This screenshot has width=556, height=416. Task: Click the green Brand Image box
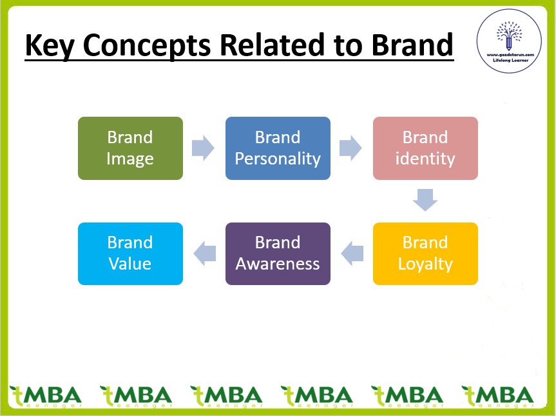click(130, 148)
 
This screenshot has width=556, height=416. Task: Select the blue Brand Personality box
click(278, 148)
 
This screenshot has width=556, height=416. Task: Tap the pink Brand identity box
click(425, 148)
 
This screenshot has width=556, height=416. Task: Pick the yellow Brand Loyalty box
click(425, 253)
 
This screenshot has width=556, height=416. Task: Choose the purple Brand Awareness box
click(278, 253)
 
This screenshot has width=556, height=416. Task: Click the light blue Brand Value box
click(130, 253)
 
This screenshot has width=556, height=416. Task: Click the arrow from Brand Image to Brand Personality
click(204, 148)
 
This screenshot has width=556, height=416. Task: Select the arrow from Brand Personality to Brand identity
click(351, 148)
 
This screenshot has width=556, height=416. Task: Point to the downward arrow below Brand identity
click(425, 200)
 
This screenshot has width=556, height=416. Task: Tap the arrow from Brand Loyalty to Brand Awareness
click(351, 253)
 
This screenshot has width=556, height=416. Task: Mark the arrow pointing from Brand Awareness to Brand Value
click(204, 253)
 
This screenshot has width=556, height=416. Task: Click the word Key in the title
click(50, 45)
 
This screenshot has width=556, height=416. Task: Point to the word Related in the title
click(277, 45)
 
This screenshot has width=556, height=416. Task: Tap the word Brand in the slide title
click(412, 45)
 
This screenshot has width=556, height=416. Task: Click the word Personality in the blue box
click(278, 159)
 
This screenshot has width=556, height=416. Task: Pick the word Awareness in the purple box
click(278, 264)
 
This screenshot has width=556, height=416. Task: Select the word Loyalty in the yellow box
click(425, 264)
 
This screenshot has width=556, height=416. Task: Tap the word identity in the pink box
click(425, 159)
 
